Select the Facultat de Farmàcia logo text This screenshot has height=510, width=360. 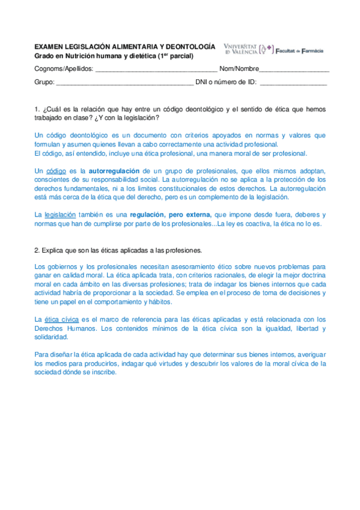[x=300, y=51]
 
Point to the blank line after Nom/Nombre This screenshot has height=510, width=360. [x=294, y=69]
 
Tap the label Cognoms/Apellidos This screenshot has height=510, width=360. [x=64, y=69]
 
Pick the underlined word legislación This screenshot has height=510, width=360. [x=60, y=215]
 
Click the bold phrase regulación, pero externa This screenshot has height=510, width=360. [x=171, y=215]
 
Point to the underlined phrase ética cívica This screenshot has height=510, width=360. [x=62, y=319]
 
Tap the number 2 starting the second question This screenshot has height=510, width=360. [x=37, y=250]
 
